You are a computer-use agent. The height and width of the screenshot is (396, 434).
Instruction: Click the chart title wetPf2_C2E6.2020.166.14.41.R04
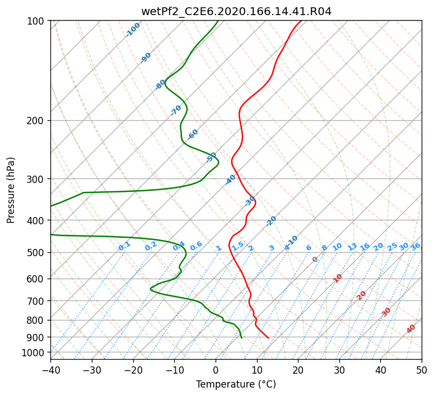pos(236,12)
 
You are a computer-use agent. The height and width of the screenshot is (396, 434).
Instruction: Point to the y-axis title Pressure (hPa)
pos(11,190)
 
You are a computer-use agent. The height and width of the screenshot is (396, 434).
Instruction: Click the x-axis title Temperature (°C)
pos(236,384)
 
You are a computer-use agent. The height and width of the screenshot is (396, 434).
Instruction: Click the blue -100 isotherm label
pos(133,30)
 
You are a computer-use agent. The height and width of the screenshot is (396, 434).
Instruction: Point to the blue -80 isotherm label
pos(160,84)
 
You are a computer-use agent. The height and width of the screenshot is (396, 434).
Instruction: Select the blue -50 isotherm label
pos(211,157)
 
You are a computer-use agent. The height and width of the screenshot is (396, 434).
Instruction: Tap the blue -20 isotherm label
pos(271,221)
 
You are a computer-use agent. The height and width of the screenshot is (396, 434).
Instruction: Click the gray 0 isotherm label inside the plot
pos(315,260)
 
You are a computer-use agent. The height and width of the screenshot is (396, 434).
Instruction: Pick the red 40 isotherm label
pos(411,329)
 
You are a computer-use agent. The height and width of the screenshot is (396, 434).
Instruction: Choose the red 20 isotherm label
pos(361,296)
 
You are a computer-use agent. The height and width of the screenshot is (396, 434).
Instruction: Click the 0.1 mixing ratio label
pos(124,246)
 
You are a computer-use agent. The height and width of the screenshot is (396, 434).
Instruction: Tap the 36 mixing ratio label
pos(416,247)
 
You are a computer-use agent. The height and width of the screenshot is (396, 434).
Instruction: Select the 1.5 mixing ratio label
pos(238,246)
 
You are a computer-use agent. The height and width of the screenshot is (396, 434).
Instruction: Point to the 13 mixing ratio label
pos(352,247)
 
